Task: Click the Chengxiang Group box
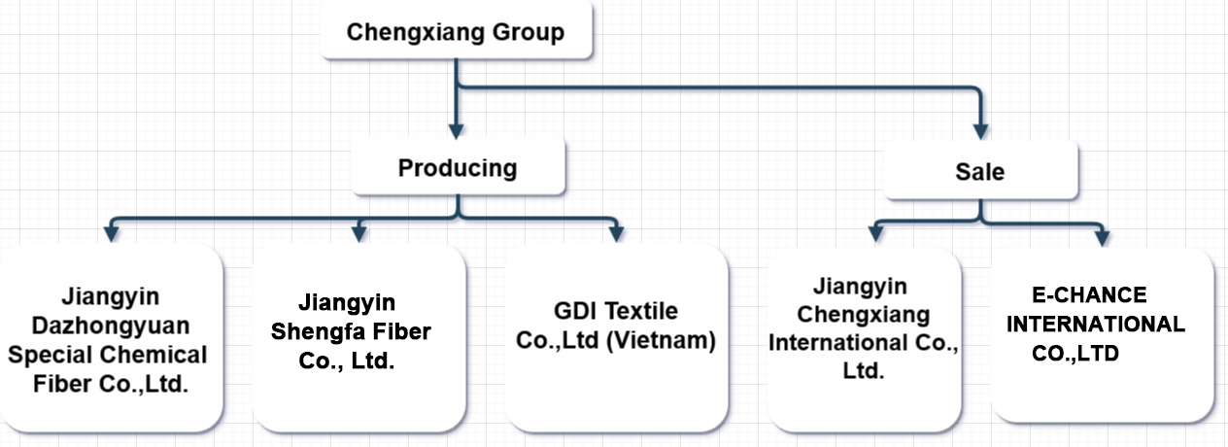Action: click(456, 33)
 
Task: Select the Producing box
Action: click(458, 168)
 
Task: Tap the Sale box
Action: click(980, 172)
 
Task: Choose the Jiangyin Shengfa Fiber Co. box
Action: click(358, 339)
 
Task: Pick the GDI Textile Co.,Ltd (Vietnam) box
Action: click(615, 339)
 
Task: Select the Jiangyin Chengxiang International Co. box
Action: click(865, 339)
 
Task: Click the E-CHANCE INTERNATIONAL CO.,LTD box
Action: click(1104, 335)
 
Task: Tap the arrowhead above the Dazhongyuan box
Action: click(111, 233)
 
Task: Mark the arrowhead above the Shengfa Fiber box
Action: click(359, 233)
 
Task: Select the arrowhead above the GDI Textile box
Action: click(615, 233)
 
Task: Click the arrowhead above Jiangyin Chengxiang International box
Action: click(871, 233)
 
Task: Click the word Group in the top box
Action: click(529, 32)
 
